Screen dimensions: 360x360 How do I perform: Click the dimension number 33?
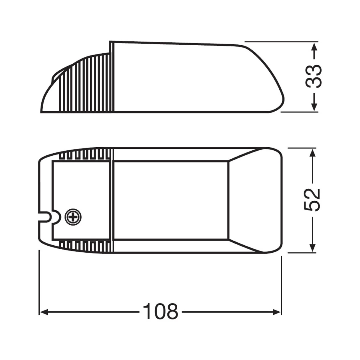point(313,76)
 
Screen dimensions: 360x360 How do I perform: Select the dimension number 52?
point(312,200)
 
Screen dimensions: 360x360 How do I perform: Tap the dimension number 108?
point(160,312)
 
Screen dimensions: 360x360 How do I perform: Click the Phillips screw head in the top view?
point(73,216)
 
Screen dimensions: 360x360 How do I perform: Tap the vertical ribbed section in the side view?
point(87,84)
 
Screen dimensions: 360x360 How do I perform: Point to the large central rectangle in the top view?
point(171,200)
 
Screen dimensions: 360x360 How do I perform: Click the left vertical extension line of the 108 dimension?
point(39,282)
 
